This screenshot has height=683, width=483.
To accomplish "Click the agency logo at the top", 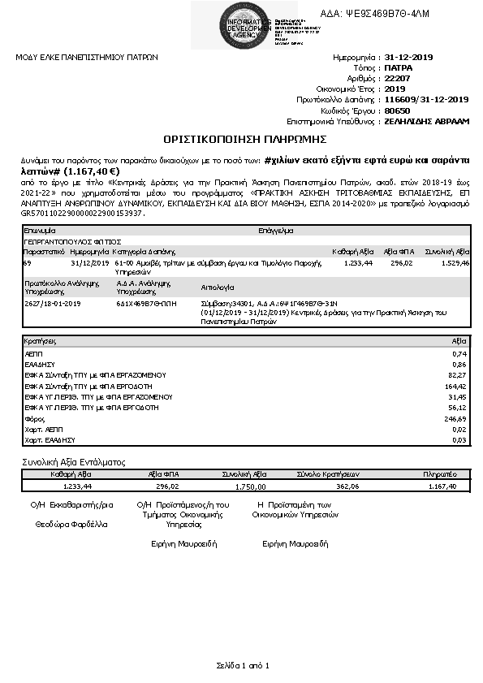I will tap(239, 24).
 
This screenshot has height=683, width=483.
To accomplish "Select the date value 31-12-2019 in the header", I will tap(410, 58).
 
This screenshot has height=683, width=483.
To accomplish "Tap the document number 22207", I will tap(399, 78).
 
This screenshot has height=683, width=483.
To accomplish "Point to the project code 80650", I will tap(397, 109).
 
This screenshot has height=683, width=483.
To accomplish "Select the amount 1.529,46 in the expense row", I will tap(453, 263).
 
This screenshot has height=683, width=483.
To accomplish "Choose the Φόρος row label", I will tap(35, 418).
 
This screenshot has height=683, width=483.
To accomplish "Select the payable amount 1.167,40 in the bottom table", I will tap(442, 486).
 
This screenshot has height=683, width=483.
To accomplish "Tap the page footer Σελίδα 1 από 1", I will tap(241, 665).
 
